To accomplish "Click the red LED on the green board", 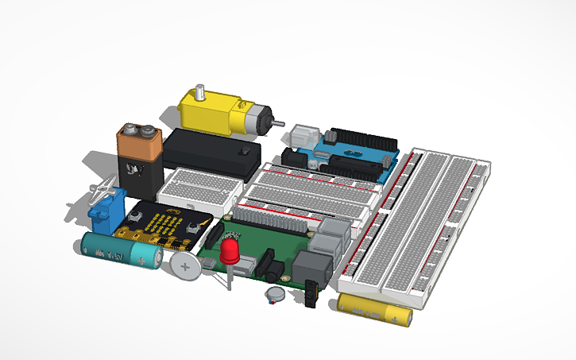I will pyautogui.click(x=231, y=253).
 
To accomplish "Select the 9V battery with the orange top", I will pyautogui.click(x=141, y=159).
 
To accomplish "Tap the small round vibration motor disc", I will pyautogui.click(x=276, y=295).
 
